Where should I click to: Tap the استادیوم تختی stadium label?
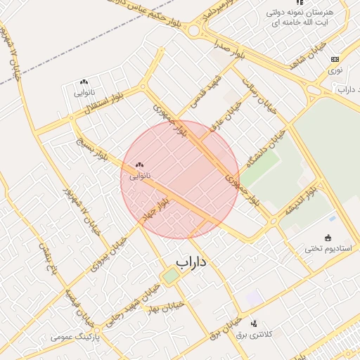click(x=328, y=248)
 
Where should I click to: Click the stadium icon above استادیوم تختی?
click(x=328, y=237)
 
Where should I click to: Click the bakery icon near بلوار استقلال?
click(x=84, y=82)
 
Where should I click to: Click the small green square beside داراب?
click(x=170, y=276)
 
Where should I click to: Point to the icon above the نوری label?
click(x=335, y=60)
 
